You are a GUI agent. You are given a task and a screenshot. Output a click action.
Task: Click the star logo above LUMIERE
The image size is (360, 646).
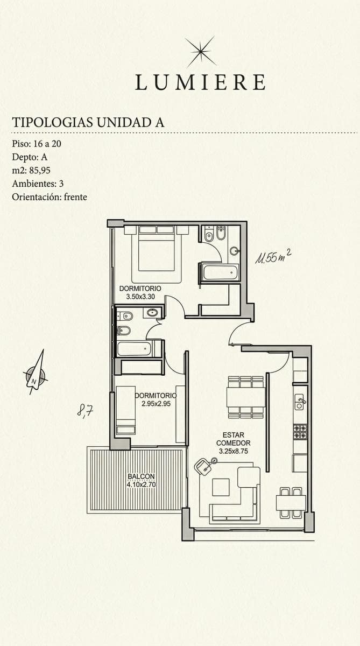click(x=201, y=52)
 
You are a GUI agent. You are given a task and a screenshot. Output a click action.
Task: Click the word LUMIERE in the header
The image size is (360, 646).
click(x=200, y=82)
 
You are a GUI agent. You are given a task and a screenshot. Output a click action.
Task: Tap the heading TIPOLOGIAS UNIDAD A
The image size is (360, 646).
click(x=88, y=122)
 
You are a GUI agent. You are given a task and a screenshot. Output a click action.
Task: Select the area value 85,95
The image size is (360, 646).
click(x=40, y=171)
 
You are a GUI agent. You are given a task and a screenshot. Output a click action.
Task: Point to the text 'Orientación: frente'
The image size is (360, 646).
click(x=50, y=197)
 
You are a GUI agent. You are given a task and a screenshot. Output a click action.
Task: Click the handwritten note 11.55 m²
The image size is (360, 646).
click(x=273, y=256)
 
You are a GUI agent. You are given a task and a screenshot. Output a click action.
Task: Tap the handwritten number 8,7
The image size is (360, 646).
click(x=85, y=410)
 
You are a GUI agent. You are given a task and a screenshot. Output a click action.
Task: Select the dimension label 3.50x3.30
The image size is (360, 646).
click(x=140, y=297)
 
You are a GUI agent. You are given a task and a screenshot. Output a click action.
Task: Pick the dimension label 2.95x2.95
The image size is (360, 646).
click(x=156, y=404)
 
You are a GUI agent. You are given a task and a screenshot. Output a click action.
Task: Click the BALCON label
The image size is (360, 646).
click(x=141, y=476)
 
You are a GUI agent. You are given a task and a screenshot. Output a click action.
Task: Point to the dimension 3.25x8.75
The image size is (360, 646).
click(x=234, y=451)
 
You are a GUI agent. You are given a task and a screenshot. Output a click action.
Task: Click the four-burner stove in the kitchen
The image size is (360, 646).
click(x=300, y=432)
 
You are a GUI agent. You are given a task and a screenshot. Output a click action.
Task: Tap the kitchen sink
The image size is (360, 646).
click(x=300, y=402)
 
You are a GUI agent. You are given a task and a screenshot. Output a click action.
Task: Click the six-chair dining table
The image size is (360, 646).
click(x=246, y=397)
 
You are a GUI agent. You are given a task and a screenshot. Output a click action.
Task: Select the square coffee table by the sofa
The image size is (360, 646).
click(x=221, y=487)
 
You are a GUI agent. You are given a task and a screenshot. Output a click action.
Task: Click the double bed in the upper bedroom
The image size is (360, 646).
click(x=157, y=254)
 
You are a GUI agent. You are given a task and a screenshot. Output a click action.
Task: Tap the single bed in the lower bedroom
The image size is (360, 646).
click(x=126, y=410)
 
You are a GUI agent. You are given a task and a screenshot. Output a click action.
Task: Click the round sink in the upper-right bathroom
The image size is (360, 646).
click(x=235, y=251)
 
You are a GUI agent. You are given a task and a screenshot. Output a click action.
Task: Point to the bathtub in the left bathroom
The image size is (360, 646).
click(x=134, y=349)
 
